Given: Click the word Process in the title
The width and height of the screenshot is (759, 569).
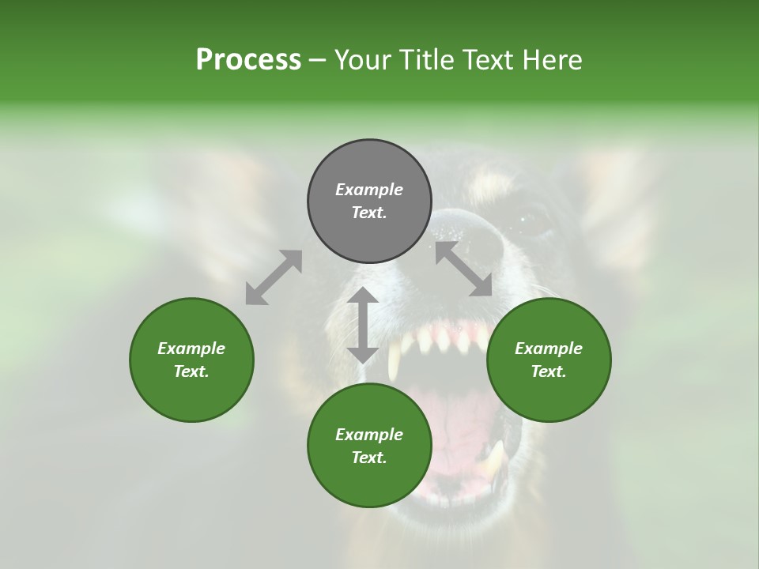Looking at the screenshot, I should [248, 60].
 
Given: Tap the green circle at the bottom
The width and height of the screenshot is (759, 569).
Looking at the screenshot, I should [369, 482].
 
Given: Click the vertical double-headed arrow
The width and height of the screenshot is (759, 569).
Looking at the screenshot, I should [363, 325].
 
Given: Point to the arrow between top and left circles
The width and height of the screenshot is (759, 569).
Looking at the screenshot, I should [274, 277].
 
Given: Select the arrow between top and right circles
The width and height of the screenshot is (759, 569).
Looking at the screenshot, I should [464, 269].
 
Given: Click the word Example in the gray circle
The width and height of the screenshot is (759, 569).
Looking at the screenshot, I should [369, 190].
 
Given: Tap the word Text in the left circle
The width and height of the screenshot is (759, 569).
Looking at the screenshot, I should [191, 371].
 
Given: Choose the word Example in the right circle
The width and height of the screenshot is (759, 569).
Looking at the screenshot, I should [549, 349].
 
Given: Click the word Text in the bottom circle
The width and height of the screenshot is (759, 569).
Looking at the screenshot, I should [369, 458].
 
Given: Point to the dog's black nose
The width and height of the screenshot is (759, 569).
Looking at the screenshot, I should [466, 237].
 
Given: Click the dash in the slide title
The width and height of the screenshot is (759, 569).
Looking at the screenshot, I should [318, 61].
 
